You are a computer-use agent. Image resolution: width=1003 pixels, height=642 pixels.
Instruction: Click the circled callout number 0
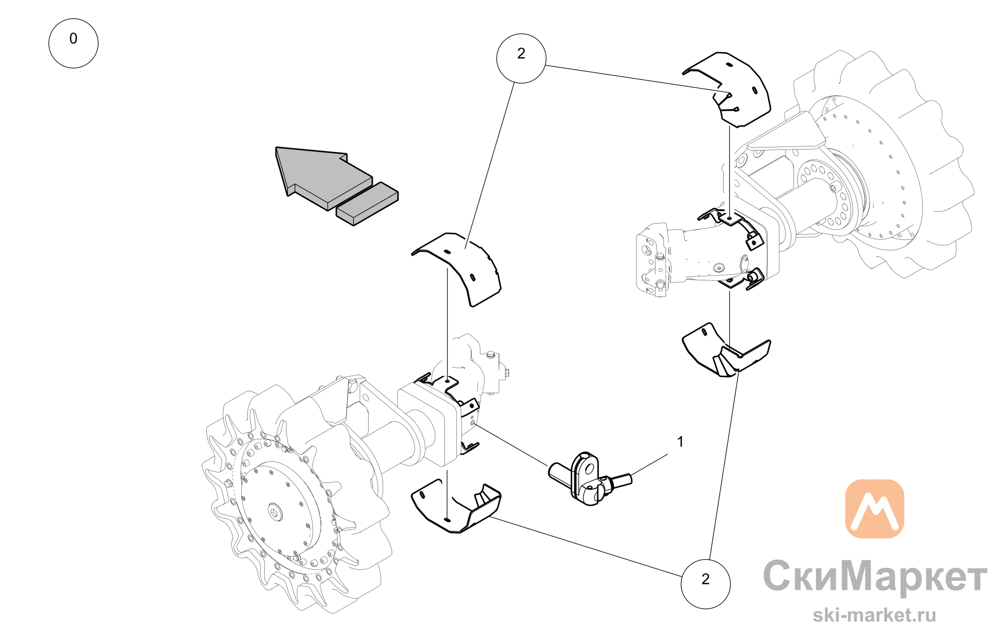point(73,43)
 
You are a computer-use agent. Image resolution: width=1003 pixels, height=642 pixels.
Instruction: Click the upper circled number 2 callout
point(521,58)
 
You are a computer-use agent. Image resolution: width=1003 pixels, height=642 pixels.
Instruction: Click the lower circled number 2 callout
point(706,584)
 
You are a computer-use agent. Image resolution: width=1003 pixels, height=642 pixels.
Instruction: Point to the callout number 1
point(681,442)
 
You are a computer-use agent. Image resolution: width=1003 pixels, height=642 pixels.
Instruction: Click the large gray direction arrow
point(324,176)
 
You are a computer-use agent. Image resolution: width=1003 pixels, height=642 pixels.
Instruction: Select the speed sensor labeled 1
point(590,478)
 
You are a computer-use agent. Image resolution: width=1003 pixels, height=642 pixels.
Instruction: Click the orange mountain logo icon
point(875,509)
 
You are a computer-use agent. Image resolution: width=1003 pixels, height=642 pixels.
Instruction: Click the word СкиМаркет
point(875,577)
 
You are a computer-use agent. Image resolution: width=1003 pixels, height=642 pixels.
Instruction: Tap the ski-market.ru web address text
point(875,615)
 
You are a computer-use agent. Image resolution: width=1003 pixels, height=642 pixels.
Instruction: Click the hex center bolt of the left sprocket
point(274,513)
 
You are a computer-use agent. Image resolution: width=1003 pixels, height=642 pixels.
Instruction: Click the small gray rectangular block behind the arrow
point(367,204)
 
